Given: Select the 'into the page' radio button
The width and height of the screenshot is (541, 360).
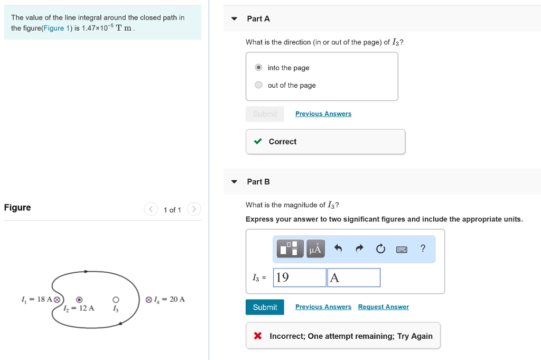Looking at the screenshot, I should pos(258,68).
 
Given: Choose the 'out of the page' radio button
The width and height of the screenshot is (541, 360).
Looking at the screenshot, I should pos(258,85).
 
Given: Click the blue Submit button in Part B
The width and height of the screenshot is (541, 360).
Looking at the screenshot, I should pos(265,307).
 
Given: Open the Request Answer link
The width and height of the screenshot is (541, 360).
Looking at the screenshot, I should pos(383,307).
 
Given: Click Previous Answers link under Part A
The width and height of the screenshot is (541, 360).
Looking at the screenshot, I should pos(323,114).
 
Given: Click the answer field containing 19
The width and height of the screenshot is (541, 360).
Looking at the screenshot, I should pos(300,278).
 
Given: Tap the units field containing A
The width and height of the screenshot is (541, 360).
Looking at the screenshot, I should pos(353,278).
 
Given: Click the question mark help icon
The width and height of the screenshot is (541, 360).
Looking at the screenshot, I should pos(423,248).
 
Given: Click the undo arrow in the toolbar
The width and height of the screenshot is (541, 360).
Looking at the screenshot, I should pos(339,248).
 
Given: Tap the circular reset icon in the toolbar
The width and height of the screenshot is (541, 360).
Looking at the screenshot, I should pos(380,248).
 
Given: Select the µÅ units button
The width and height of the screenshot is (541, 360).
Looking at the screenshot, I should pos(315,248).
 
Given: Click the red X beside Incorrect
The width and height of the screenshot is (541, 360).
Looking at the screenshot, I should pos(257,336).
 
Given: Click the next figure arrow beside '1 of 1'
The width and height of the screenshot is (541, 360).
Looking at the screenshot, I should pos(194,210).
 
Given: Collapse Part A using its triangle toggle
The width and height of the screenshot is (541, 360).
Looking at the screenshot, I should pos(234,19).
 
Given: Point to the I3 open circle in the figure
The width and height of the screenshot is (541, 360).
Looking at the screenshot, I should pos(116,299).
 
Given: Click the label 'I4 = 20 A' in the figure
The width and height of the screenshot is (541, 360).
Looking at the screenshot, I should pos(169,299).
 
